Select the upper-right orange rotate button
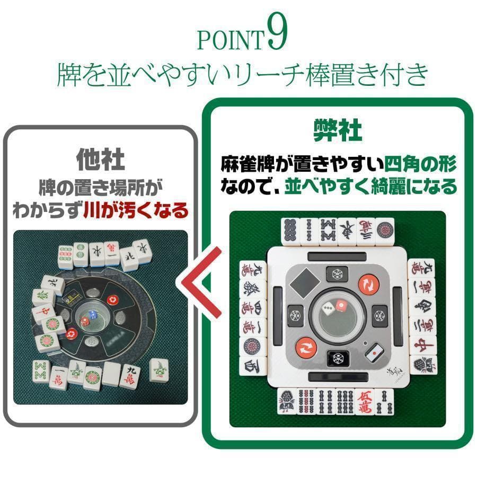click(367, 284)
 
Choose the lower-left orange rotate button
click(306, 348)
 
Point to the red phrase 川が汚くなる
click(136, 211)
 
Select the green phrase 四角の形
click(421, 163)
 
